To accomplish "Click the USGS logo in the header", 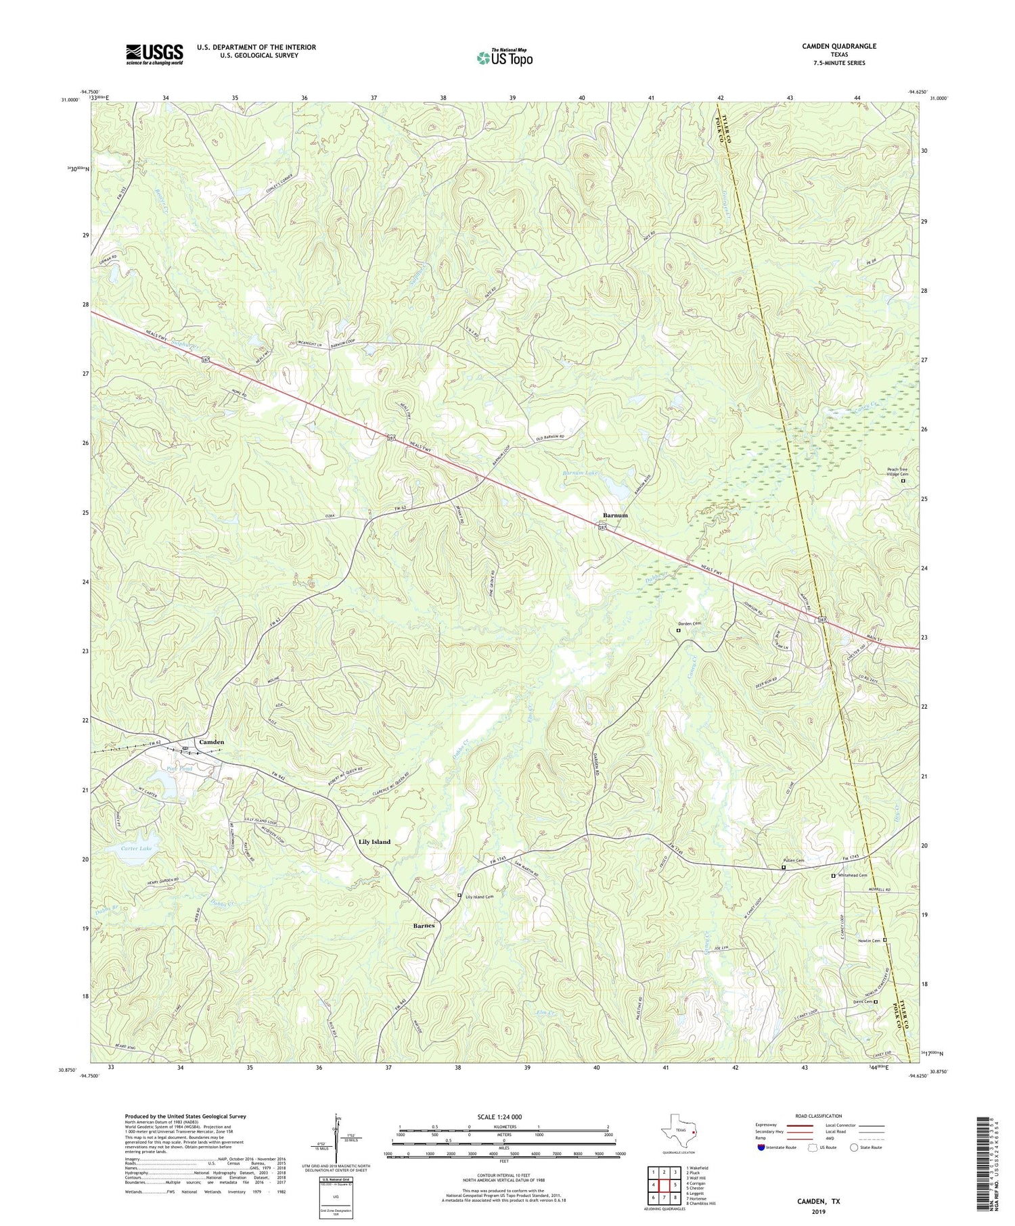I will point(154,54).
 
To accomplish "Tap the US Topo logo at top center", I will point(505,58).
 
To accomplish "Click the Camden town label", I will point(210,742).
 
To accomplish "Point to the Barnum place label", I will point(615,515).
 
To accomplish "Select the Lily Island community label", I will point(374,842).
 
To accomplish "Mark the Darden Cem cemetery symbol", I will point(679,630).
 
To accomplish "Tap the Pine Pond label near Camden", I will point(179,770).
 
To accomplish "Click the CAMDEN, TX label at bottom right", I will point(817,1201).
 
